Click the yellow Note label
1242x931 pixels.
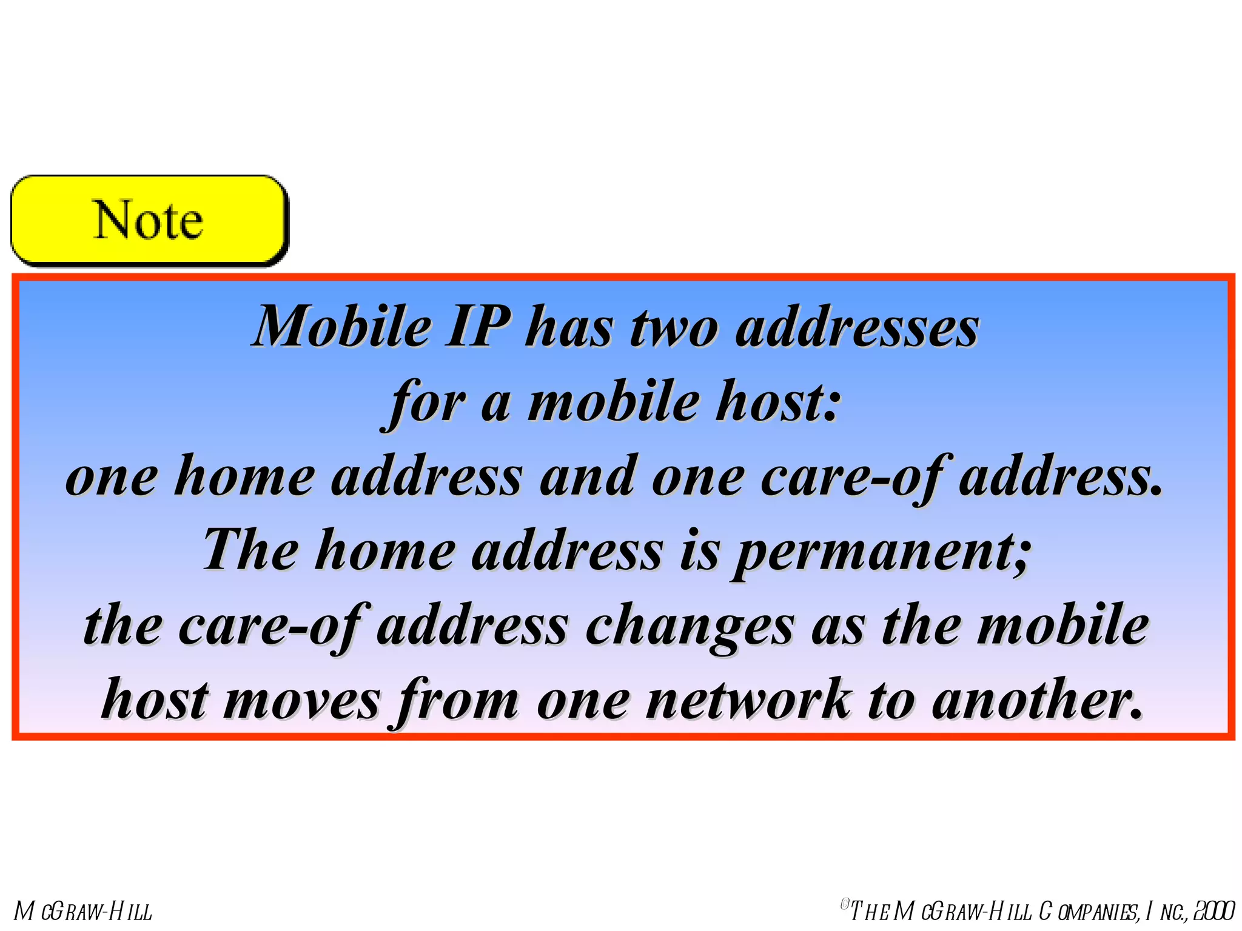pyautogui.click(x=149, y=221)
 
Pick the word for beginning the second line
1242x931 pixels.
pyautogui.click(x=427, y=402)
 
